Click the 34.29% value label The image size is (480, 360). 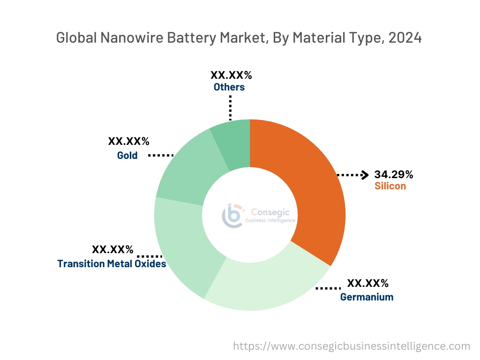pos(393,175)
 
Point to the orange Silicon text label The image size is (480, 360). pos(390,186)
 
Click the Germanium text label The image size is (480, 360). pos(367,297)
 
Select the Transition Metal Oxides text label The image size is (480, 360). pos(112,264)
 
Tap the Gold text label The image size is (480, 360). pos(127,155)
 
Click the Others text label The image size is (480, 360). pos(229,87)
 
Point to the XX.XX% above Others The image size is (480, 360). pos(231,75)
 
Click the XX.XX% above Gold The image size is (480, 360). pos(128,142)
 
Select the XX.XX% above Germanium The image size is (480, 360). pos(367,283)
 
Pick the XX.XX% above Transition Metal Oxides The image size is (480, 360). pos(112,249)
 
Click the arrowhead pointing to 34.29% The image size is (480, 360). pos(365,175)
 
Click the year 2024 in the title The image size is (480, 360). pos(405,37)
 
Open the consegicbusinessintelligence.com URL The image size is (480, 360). pos(352,346)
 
